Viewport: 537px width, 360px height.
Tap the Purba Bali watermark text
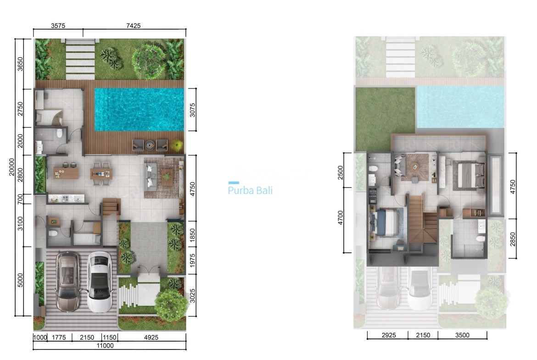tap(250, 190)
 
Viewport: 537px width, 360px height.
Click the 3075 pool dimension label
tap(193, 109)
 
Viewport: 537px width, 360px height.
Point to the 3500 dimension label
tap(462, 335)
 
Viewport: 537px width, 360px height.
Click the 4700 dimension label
tap(340, 217)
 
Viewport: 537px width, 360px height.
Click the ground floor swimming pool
tap(139, 109)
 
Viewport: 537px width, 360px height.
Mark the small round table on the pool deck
tap(150, 145)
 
